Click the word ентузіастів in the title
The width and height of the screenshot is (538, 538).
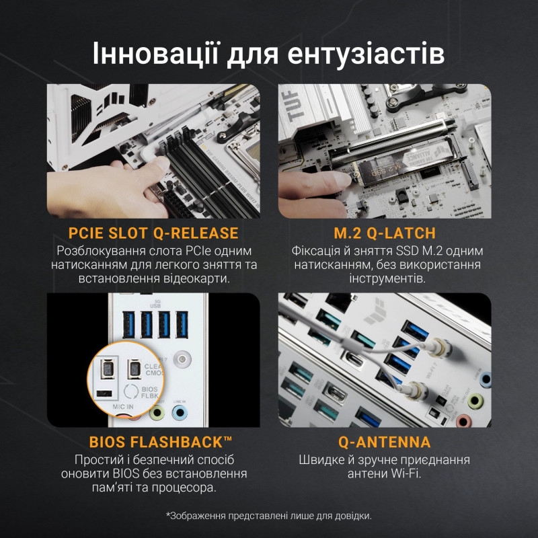[x=361, y=52]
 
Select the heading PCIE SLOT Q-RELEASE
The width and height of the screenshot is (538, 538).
[x=153, y=233]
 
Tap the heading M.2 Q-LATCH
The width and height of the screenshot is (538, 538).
[x=385, y=233]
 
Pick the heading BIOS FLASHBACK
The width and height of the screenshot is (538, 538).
[x=161, y=443]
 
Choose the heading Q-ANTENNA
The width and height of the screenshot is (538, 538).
[x=385, y=443]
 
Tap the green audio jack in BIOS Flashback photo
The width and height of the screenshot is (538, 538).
[x=158, y=412]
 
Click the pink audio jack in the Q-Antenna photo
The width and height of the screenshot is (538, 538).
[x=463, y=422]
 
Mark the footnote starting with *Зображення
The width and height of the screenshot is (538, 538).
[x=268, y=516]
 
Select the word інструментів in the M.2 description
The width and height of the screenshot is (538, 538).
[x=385, y=278]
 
